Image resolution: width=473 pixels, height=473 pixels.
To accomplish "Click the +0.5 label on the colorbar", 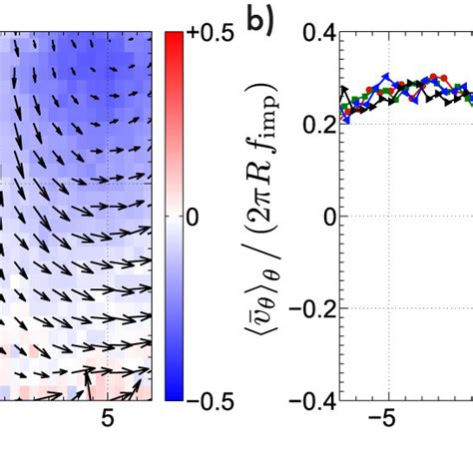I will (211, 35).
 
